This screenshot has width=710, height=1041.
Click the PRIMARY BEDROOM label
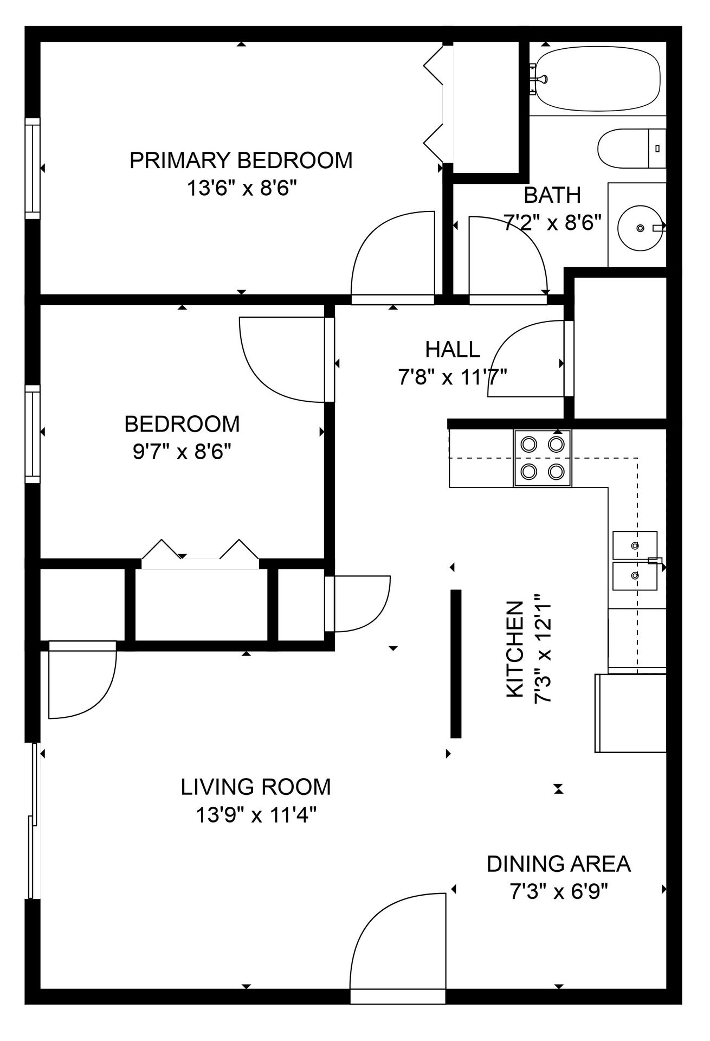pos(241,160)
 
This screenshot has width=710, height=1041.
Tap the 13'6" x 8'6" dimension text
pos(242,189)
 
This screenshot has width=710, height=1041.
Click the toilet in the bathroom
pos(631,148)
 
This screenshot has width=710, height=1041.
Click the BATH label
pos(552,195)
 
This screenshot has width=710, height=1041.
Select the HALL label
pos(453,350)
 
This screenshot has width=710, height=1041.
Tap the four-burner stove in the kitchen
pos(543,458)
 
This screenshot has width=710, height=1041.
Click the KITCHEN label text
pos(515,650)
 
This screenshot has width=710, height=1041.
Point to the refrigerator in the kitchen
pos(630,713)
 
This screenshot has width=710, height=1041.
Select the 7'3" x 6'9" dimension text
pos(559,892)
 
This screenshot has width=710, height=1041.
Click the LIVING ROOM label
pos(256,787)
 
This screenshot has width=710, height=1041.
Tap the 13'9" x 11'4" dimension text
pos(256,815)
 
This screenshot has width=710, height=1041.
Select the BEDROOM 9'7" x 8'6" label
pos(182,438)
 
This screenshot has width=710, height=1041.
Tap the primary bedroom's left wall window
pos(33,169)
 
